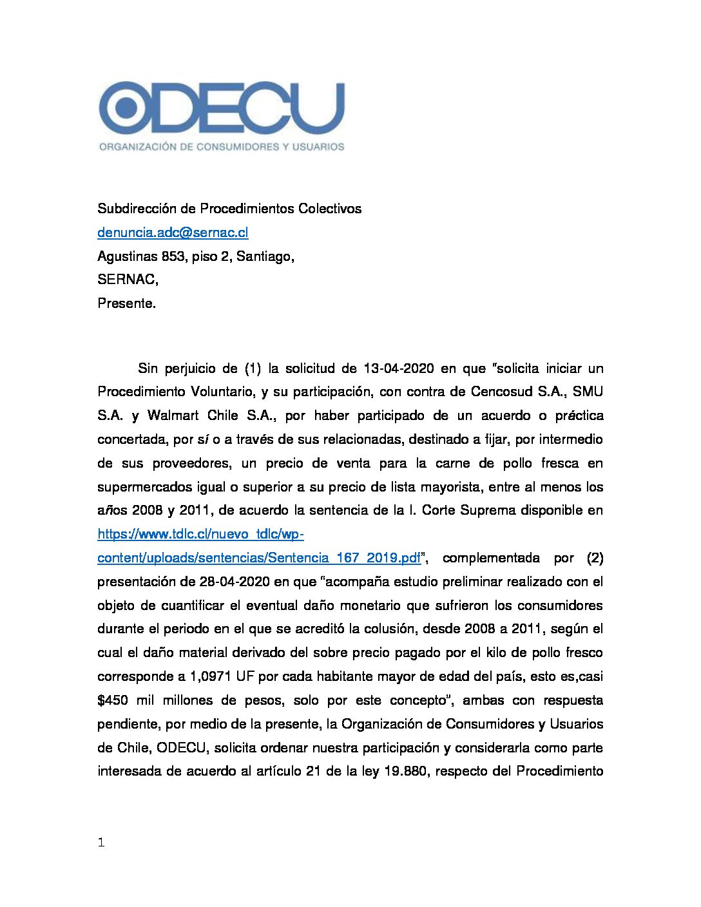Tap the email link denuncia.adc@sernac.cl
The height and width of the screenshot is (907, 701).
click(173, 233)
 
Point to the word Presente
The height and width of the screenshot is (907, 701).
click(126, 303)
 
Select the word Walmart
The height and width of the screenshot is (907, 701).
click(173, 415)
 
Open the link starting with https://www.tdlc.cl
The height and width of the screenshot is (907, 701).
click(200, 534)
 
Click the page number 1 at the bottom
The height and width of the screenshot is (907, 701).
click(101, 843)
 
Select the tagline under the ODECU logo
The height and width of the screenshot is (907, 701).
click(222, 147)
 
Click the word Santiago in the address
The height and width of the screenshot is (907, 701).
click(265, 256)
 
